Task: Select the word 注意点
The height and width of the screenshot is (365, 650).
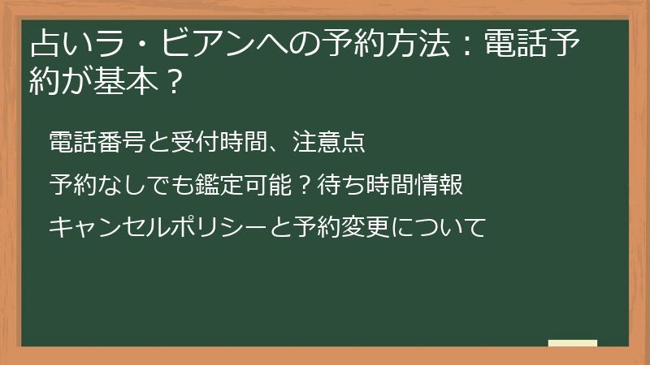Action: pyautogui.click(x=332, y=142)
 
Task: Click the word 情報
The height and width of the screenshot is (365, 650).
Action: pyautogui.click(x=443, y=185)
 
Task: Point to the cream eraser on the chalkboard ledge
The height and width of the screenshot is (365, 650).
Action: pyautogui.click(x=572, y=343)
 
